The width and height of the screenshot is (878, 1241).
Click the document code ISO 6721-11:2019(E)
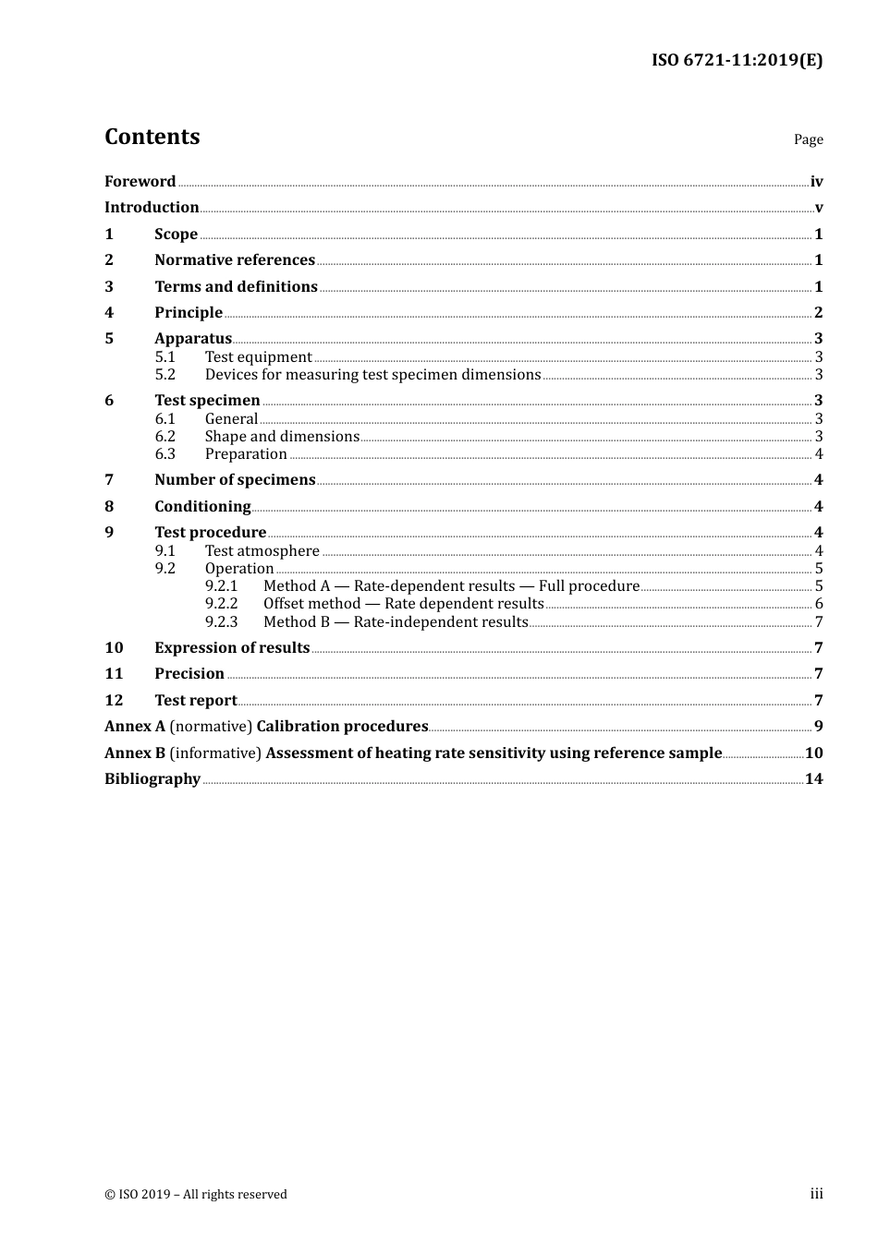pos(737,61)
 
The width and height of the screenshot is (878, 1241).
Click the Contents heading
pos(152,137)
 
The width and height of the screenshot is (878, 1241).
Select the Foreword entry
pos(140,182)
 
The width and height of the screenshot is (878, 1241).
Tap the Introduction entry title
pos(152,208)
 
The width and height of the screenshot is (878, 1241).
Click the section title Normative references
pos(235,260)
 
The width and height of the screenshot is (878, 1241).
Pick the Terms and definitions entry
pos(236,287)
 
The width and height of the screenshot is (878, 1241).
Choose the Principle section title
pos(189,313)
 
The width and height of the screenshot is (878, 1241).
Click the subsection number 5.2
pos(165,375)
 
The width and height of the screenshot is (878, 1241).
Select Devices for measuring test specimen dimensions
pos(372,375)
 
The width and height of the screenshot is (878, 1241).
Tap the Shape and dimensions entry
pos(282,437)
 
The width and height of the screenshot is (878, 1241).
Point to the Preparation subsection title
pos(246,454)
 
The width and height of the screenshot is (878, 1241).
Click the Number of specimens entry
pos(235,480)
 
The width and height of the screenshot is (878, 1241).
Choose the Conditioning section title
pos(202,507)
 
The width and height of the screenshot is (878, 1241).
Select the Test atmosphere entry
pos(262,551)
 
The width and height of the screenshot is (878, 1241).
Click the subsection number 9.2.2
pos(221,604)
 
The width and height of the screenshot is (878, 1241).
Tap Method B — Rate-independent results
pos(396,622)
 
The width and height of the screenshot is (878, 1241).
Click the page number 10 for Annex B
pos(813,753)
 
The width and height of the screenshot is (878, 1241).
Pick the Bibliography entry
pos(152,779)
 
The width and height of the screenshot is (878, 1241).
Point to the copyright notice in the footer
pos(196,1195)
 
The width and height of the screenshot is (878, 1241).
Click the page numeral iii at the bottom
pos(816,1194)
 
